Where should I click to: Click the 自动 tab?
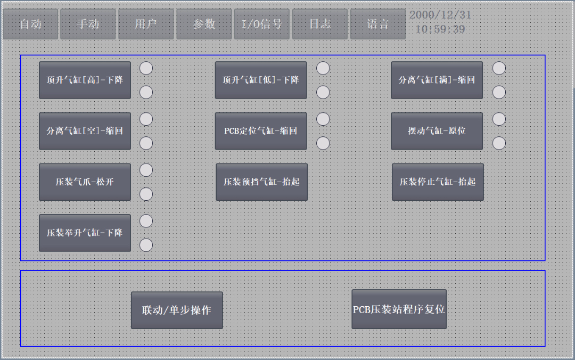[x=30, y=24]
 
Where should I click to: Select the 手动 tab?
[x=88, y=24]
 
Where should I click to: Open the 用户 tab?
[x=146, y=24]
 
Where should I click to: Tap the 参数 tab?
[x=204, y=24]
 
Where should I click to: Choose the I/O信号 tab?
[x=261, y=24]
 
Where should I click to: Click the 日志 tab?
[x=319, y=24]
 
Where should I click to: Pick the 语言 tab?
[x=377, y=24]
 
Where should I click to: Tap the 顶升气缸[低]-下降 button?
[x=261, y=80]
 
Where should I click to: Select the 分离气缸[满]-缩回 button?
[x=437, y=80]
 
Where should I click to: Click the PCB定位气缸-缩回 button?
[x=261, y=131]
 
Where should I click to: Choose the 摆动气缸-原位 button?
[x=437, y=131]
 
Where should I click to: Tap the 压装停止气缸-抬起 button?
[x=438, y=182]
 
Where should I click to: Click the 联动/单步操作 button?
[x=177, y=310]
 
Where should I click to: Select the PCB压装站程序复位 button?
[x=399, y=309]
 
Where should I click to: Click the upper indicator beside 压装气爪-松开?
[x=146, y=170]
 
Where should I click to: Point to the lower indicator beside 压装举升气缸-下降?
[x=146, y=245]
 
